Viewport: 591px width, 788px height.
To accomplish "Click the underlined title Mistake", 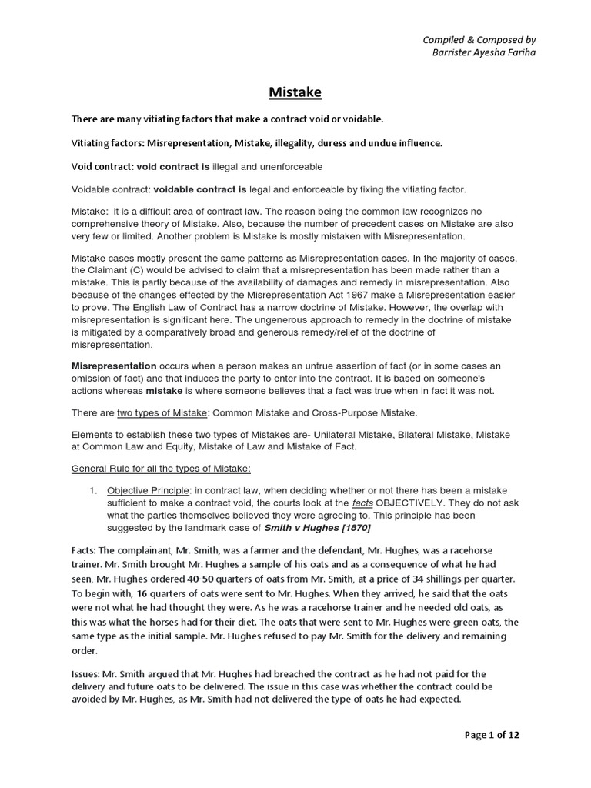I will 295,92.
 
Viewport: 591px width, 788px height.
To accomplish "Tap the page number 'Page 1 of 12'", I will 492,735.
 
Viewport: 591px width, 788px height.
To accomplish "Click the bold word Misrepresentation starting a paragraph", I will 114,365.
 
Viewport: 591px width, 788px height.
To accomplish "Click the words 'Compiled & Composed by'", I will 480,39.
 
